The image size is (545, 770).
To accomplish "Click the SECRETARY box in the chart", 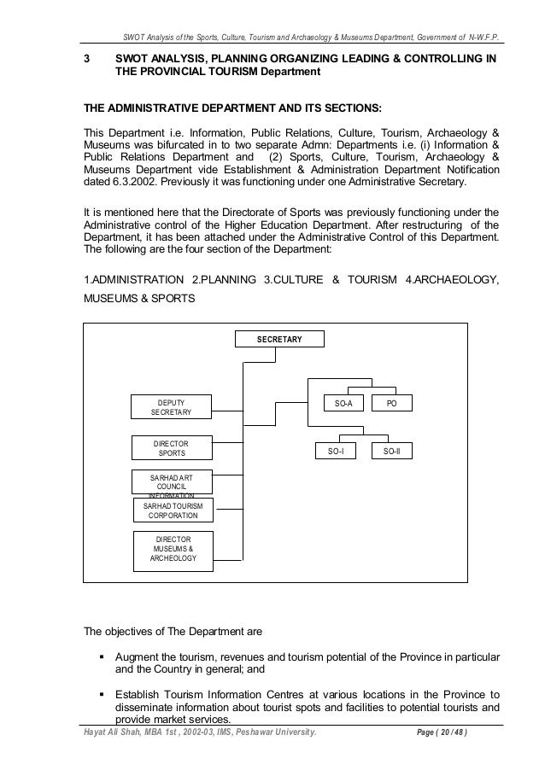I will click(279, 340).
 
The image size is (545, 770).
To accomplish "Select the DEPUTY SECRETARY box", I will click(171, 407).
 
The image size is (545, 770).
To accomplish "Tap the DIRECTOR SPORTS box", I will click(171, 448).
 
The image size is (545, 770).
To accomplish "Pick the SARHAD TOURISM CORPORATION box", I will click(173, 510).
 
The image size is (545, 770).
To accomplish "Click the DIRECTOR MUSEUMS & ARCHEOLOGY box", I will click(173, 551).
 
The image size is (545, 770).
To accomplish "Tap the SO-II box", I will click(392, 448).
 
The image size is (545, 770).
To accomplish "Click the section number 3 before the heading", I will click(85, 61).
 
